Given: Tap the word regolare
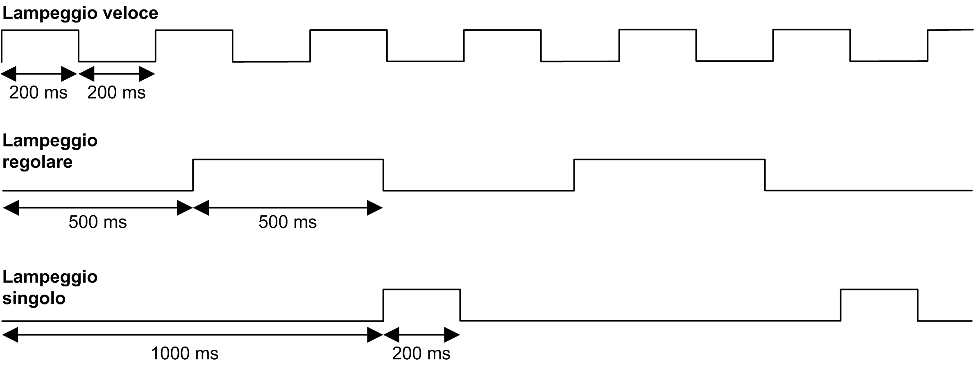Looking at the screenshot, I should [x=37, y=162].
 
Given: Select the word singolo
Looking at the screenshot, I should [x=34, y=298].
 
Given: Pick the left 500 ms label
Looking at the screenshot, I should [x=97, y=222].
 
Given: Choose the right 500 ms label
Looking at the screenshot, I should [x=288, y=222].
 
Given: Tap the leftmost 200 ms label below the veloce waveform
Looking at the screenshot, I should [x=38, y=93].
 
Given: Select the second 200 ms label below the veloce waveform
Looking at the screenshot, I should [x=116, y=93].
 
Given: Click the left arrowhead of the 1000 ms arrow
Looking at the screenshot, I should [x=10, y=335].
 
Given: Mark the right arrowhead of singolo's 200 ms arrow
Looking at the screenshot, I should [x=452, y=335].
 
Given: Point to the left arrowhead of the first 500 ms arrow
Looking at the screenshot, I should [x=11, y=208].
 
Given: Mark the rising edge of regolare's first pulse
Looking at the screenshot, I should [x=193, y=175].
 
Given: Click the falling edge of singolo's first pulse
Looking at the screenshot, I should [x=460, y=305].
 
